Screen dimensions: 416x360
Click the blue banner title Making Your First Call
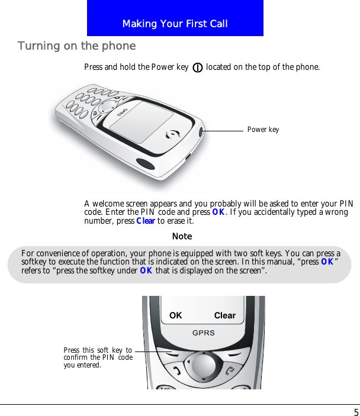(175, 24)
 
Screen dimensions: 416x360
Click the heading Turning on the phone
(77, 46)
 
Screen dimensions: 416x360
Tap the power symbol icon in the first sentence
(197, 67)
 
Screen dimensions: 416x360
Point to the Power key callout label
(263, 130)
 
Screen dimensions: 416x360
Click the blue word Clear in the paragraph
(146, 221)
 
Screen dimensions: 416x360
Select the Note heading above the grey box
(182, 236)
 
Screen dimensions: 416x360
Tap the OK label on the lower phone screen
(176, 315)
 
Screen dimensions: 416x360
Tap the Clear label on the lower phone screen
(225, 315)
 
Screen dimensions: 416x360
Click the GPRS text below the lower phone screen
(203, 333)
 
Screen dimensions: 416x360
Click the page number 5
(355, 412)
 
